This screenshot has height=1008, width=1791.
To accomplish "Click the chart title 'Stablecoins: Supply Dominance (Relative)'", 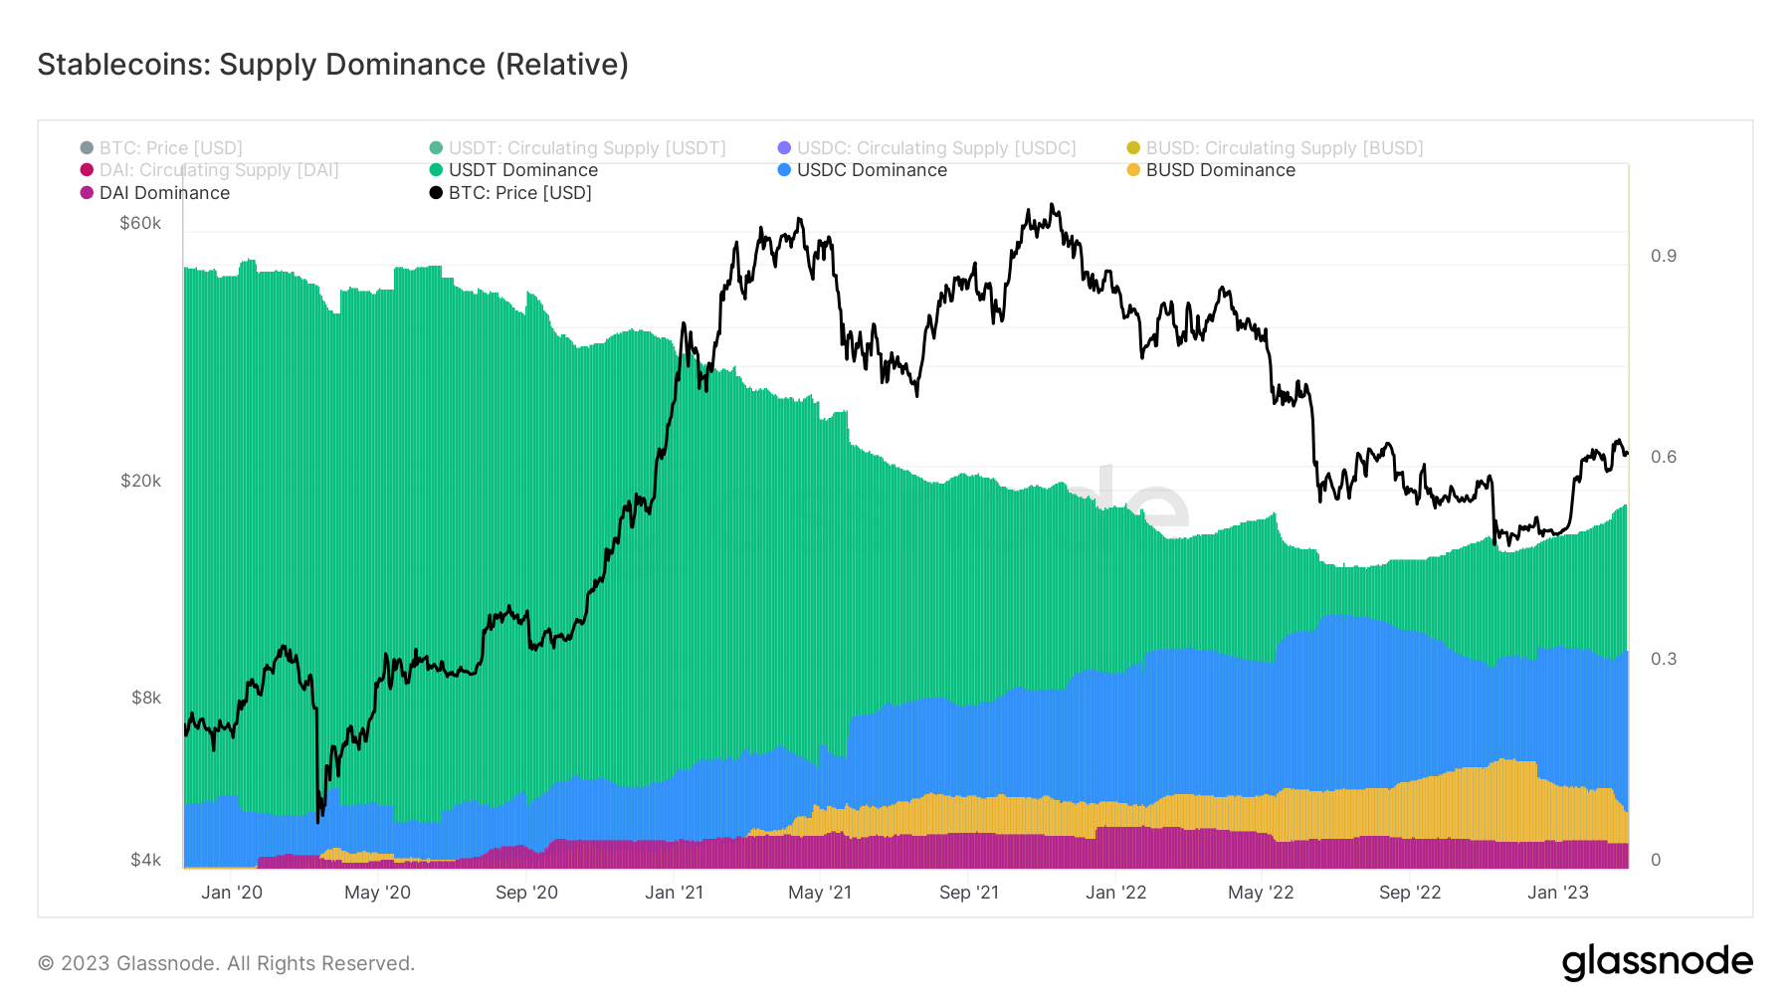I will [332, 65].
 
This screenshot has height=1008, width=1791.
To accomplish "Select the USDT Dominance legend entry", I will [522, 170].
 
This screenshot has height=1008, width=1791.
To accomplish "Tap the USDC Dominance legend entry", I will [871, 170].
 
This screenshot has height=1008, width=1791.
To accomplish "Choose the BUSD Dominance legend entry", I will [1220, 170].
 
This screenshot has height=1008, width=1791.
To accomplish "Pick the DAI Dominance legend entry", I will [163, 193].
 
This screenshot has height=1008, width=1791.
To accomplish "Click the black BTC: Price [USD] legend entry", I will [519, 193].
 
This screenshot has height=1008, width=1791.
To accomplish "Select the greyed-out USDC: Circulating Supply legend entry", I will [935, 148].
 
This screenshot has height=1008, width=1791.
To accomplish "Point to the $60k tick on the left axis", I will [140, 223].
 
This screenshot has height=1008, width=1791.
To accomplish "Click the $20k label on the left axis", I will [140, 481].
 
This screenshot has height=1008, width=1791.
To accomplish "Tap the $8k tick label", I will [145, 698].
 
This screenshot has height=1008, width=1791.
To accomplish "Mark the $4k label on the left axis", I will [145, 860].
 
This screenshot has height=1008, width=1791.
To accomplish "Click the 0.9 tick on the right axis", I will [1663, 256].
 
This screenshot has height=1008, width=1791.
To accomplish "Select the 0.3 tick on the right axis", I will [1663, 659].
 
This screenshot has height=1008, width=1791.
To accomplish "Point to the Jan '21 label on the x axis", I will [674, 893].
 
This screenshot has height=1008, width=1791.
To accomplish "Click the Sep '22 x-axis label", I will [1409, 893].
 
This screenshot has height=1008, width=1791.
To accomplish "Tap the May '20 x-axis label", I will [377, 893].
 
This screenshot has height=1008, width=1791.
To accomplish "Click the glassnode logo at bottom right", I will [1657, 962].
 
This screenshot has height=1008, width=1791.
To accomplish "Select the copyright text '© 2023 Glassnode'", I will [226, 963].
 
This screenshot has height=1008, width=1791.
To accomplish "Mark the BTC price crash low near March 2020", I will [317, 821].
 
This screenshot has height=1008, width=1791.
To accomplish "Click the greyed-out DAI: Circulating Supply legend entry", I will [218, 170].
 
